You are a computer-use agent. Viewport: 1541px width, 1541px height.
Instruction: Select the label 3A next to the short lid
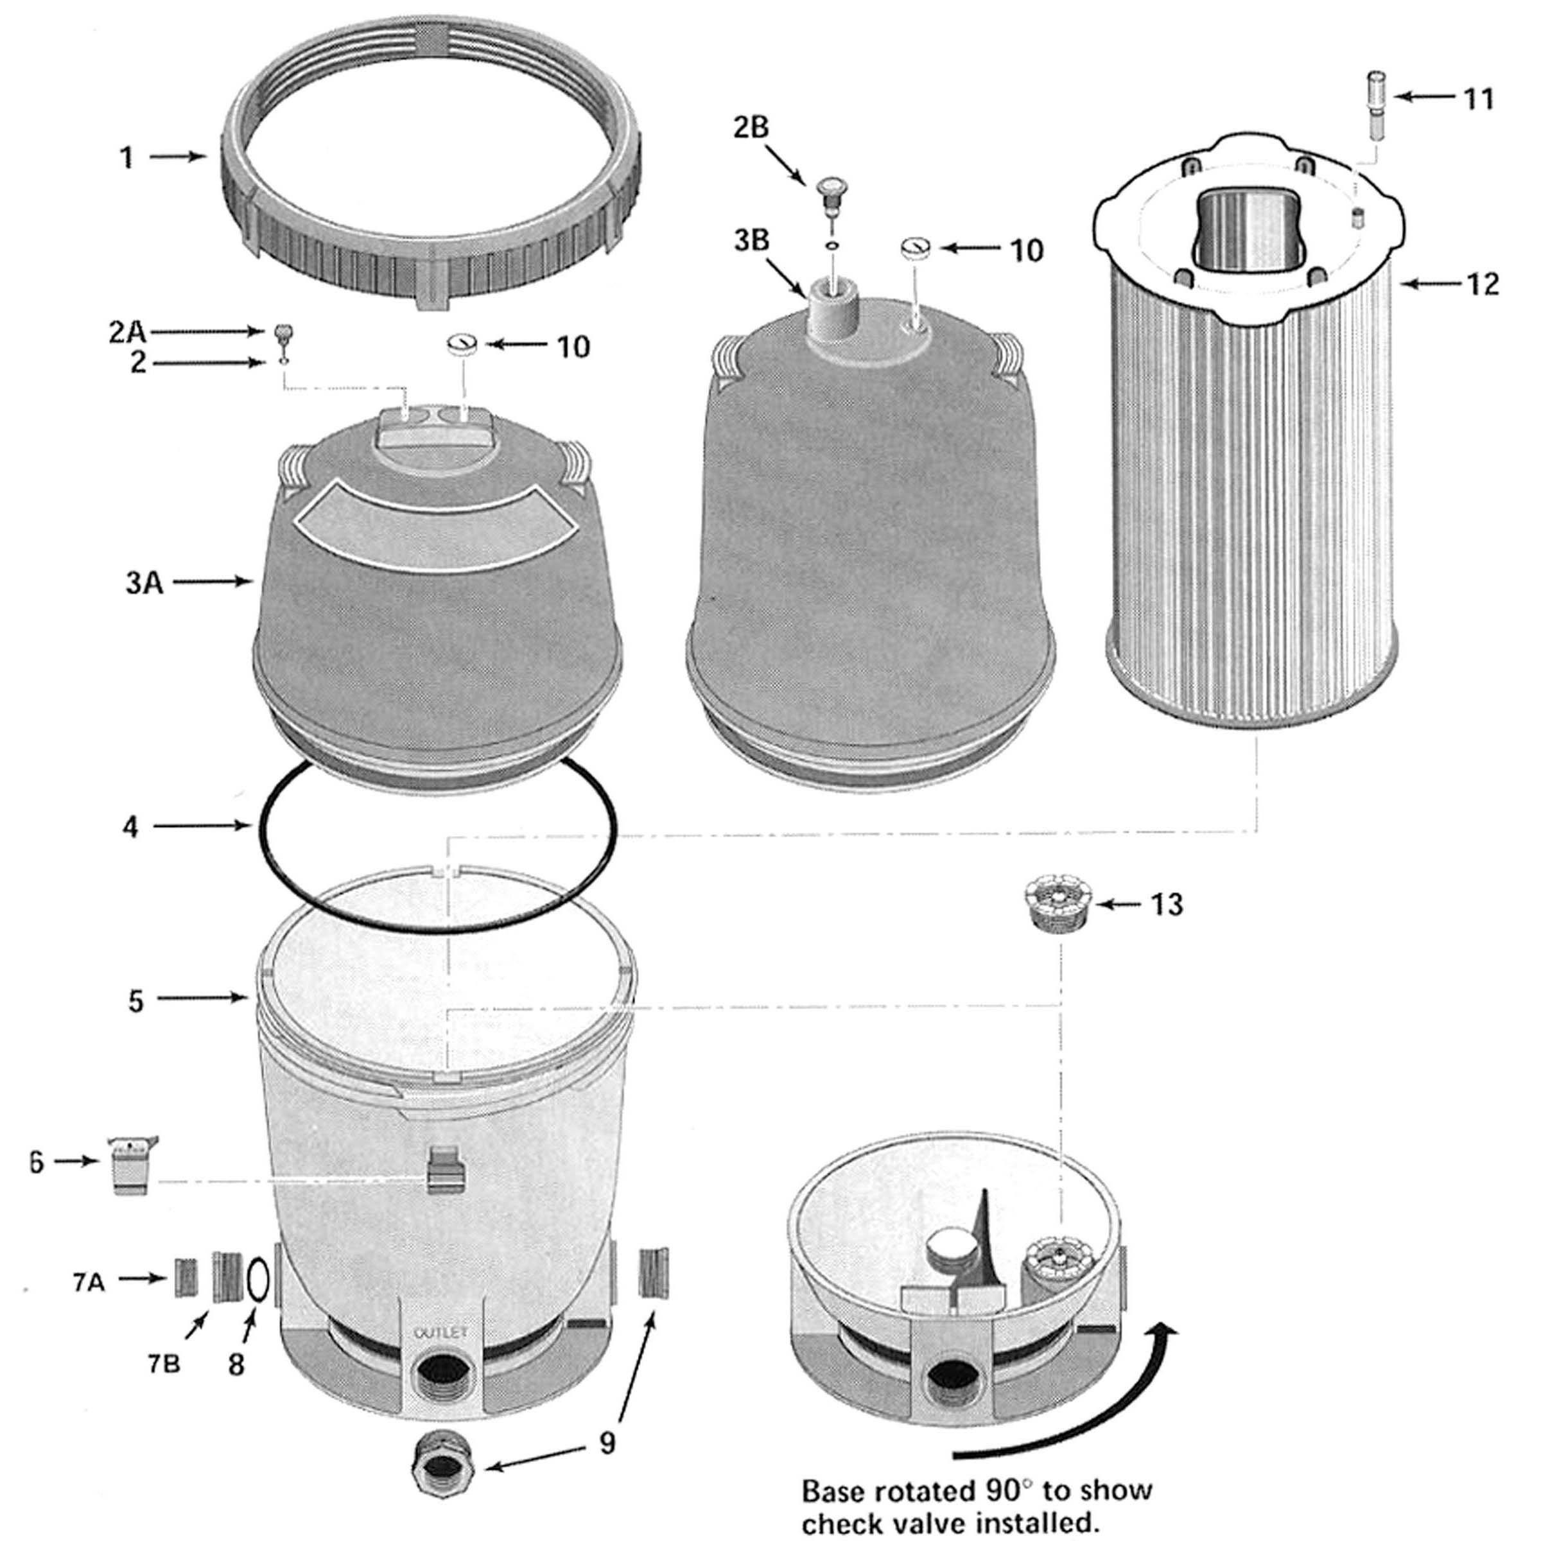click(x=144, y=583)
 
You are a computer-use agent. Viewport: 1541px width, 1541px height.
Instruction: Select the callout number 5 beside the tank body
click(x=135, y=1000)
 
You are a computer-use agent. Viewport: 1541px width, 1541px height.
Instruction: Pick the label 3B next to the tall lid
click(x=751, y=240)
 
